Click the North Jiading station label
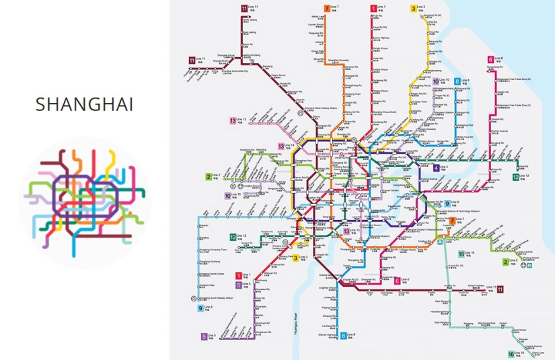click(250, 20)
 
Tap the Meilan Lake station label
click(318, 17)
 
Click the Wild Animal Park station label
click(484, 324)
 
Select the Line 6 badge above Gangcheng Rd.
click(491, 59)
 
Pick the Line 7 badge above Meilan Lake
click(328, 8)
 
